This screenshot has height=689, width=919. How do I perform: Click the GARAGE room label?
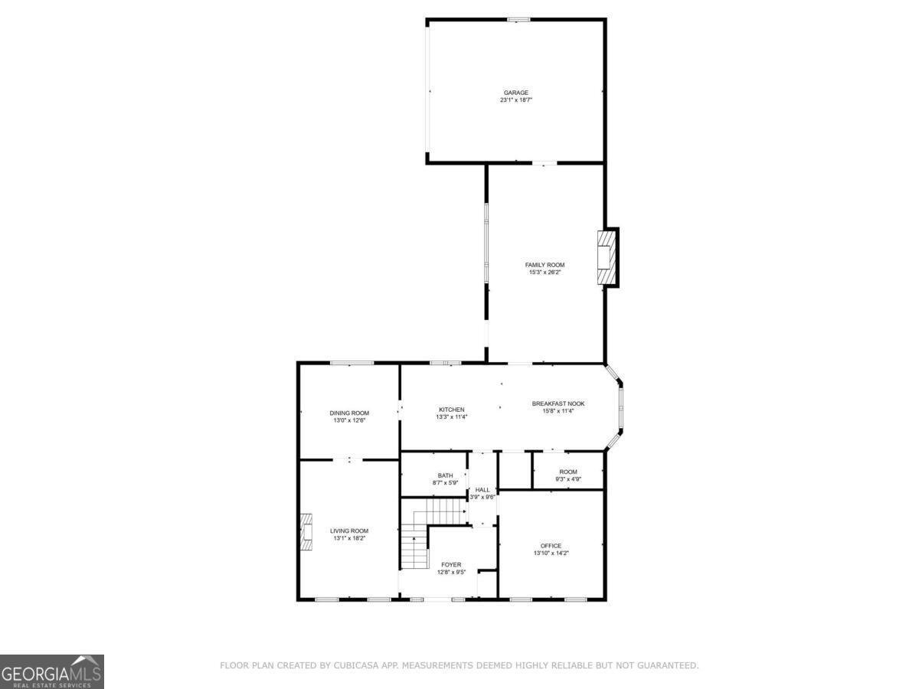pyautogui.click(x=515, y=93)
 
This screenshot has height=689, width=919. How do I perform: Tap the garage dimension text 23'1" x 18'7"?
pyautogui.click(x=515, y=100)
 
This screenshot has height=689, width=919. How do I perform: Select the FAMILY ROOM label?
pyautogui.click(x=545, y=265)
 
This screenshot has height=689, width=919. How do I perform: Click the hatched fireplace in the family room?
pyautogui.click(x=605, y=257)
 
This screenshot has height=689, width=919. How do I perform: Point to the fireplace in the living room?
pyautogui.click(x=307, y=532)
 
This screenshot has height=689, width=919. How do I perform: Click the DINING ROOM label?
pyautogui.click(x=349, y=413)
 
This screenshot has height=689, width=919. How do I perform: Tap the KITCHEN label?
pyautogui.click(x=452, y=410)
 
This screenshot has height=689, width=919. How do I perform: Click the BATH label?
pyautogui.click(x=445, y=475)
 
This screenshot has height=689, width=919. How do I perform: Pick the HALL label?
pyautogui.click(x=482, y=489)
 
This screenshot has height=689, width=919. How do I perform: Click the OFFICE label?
pyautogui.click(x=551, y=546)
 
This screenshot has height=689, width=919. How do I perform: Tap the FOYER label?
pyautogui.click(x=451, y=564)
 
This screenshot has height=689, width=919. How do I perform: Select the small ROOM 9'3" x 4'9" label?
pyautogui.click(x=567, y=472)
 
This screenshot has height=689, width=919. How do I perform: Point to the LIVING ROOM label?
pyautogui.click(x=349, y=531)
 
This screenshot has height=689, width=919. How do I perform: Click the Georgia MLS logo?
pyautogui.click(x=52, y=671)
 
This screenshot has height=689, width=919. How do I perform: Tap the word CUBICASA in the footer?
pyautogui.click(x=358, y=666)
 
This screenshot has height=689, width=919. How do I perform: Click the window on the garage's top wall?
pyautogui.click(x=518, y=19)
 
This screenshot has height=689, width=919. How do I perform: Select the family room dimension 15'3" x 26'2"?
pyautogui.click(x=545, y=273)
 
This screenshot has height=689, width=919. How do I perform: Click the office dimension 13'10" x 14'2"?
pyautogui.click(x=551, y=553)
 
